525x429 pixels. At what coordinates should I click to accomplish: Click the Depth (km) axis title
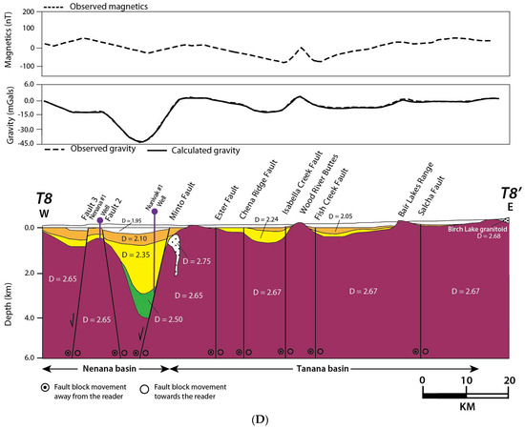point(9,292)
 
